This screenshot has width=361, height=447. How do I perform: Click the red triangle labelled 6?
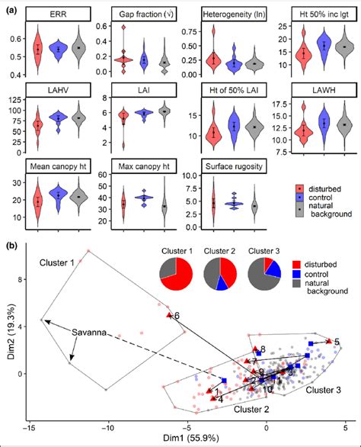click(x=170, y=314)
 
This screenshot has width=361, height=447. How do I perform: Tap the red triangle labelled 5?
click(x=329, y=341)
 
